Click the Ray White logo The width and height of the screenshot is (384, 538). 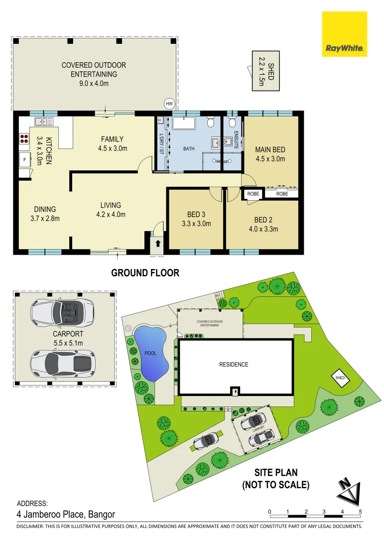(x=344, y=34)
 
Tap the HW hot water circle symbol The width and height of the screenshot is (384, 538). (x=169, y=104)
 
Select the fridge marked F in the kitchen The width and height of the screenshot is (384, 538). (x=23, y=159)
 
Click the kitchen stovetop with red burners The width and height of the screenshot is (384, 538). (x=24, y=138)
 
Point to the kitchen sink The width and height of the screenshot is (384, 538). (x=44, y=121)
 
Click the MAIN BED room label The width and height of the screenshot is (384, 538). (x=270, y=149)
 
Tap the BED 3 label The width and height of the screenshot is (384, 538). (x=196, y=215)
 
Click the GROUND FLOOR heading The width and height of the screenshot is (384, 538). (x=145, y=272)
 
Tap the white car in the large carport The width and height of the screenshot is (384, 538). (x=63, y=361)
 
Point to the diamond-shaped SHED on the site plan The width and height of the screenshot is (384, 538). (x=341, y=378)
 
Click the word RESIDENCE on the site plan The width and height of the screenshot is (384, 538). (x=234, y=364)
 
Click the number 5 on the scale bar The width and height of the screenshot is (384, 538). (x=360, y=512)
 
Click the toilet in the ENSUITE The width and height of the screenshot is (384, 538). (x=231, y=123)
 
